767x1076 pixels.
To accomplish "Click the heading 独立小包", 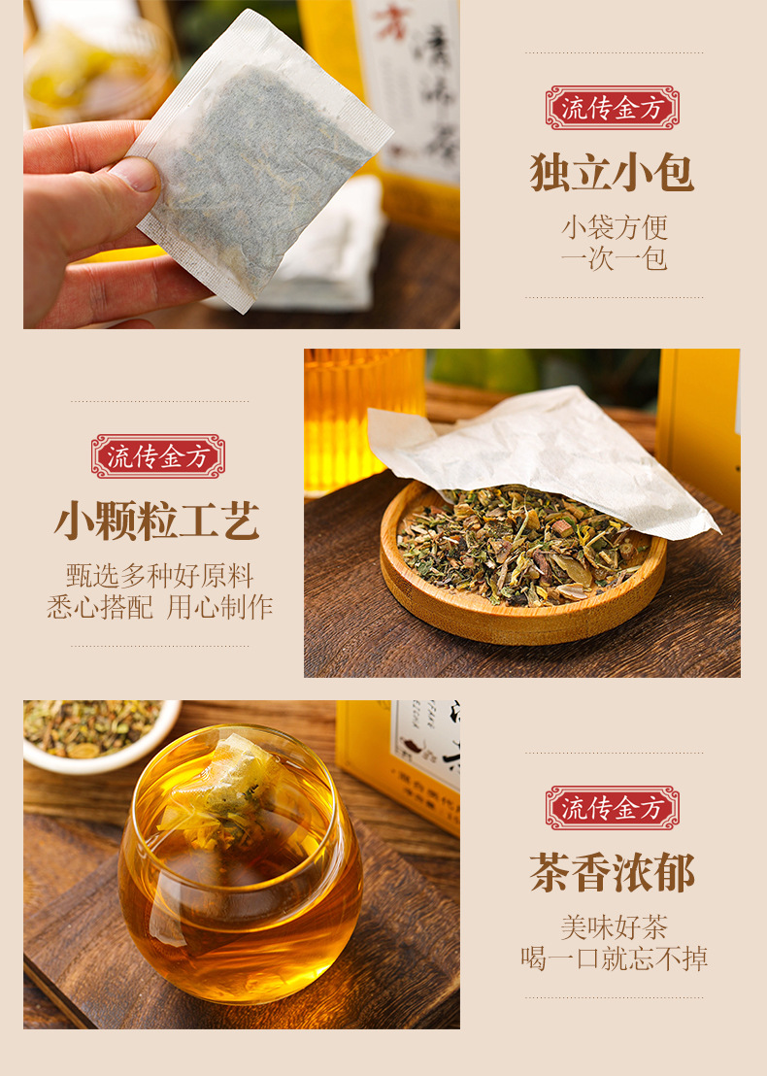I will pyautogui.click(x=612, y=173).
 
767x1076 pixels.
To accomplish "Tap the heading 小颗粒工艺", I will pyautogui.click(x=157, y=521).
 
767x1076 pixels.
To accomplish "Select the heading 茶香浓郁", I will pyautogui.click(x=612, y=873).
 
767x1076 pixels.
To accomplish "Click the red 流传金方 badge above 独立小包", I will pyautogui.click(x=612, y=108).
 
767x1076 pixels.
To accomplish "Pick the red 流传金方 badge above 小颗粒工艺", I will pyautogui.click(x=157, y=456).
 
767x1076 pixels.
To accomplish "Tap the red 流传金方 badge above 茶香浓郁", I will pyautogui.click(x=612, y=808).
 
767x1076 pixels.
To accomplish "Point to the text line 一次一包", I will pyautogui.click(x=614, y=259).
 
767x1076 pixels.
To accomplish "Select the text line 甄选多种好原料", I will pyautogui.click(x=159, y=576).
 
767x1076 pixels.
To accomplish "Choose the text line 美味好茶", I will pyautogui.click(x=614, y=927).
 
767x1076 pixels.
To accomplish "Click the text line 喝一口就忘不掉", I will pyautogui.click(x=614, y=959).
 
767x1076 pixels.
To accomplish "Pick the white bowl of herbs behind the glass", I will pyautogui.click(x=97, y=733).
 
